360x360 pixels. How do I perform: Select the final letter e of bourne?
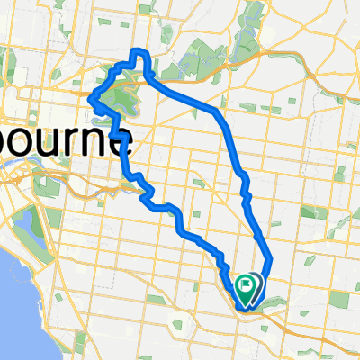123,144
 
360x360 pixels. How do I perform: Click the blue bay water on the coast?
13,297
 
